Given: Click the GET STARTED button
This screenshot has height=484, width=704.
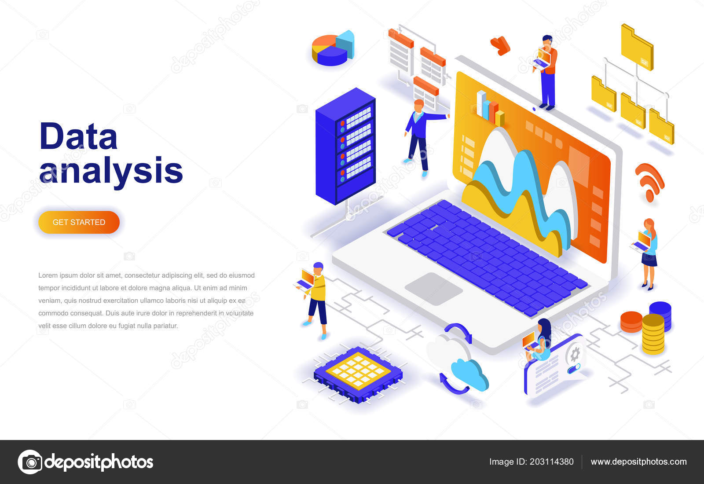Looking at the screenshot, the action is click(x=79, y=222).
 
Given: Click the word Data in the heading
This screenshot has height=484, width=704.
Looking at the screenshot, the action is click(x=79, y=136).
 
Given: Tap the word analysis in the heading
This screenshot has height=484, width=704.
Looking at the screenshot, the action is click(x=111, y=170).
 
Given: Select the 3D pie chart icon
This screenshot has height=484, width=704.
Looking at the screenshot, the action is click(x=333, y=48).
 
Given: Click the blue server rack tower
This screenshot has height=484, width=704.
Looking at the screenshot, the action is click(x=345, y=146).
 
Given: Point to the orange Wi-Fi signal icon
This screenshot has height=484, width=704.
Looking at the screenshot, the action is click(x=649, y=182).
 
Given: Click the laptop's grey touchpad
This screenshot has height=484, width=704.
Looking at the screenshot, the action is click(x=434, y=289).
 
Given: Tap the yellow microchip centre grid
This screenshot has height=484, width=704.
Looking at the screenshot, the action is click(x=358, y=371).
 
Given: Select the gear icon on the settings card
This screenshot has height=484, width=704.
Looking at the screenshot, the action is click(x=575, y=354).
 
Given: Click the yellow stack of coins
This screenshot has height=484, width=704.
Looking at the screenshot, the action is click(x=653, y=334).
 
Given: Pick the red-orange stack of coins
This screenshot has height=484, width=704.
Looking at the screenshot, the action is click(x=631, y=322).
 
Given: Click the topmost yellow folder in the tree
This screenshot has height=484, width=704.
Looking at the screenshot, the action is click(x=637, y=47).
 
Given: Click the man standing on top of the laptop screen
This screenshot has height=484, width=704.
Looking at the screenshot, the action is click(x=546, y=73).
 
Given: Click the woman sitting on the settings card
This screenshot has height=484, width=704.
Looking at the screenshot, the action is click(x=539, y=341).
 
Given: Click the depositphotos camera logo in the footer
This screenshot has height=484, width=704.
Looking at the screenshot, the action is click(x=30, y=462).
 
